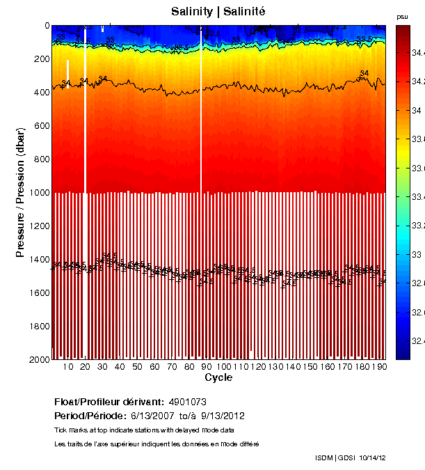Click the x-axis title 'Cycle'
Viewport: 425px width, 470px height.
click(x=218, y=377)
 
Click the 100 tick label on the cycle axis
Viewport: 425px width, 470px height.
click(x=224, y=366)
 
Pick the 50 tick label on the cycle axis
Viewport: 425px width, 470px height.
click(x=137, y=366)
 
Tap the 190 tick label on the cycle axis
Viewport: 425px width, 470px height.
click(x=380, y=366)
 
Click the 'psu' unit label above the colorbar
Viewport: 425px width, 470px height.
click(x=402, y=17)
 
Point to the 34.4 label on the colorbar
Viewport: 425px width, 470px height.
click(x=417, y=52)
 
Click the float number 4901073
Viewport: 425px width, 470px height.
click(x=187, y=402)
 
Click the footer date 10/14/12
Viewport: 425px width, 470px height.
click(x=371, y=457)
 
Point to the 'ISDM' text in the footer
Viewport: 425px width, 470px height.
click(x=324, y=457)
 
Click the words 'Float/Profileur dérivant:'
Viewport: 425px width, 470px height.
click(x=109, y=402)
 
